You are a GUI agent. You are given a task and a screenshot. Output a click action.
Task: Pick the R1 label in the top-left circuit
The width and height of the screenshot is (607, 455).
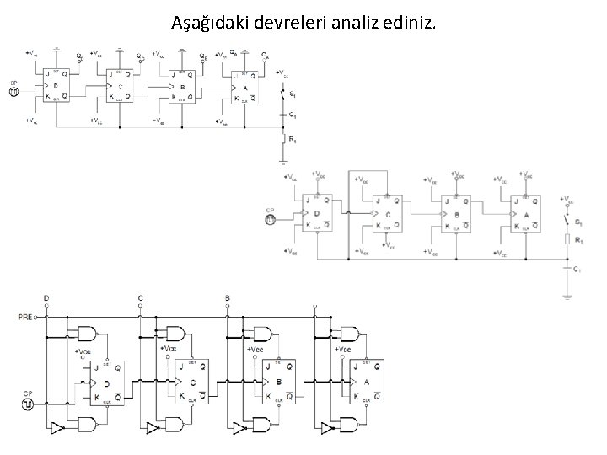292,139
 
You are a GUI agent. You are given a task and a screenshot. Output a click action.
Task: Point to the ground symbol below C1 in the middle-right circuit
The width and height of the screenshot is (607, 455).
567,295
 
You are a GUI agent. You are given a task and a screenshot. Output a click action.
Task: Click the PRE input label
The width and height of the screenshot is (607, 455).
25,317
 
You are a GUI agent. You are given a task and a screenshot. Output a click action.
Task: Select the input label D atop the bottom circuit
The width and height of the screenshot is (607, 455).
46,298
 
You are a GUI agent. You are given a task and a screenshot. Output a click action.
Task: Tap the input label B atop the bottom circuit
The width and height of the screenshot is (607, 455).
227,298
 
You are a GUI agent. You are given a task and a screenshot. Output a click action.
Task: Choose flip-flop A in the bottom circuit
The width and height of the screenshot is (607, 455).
368,381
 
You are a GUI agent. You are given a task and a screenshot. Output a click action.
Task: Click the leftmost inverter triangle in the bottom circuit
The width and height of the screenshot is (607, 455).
57,429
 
